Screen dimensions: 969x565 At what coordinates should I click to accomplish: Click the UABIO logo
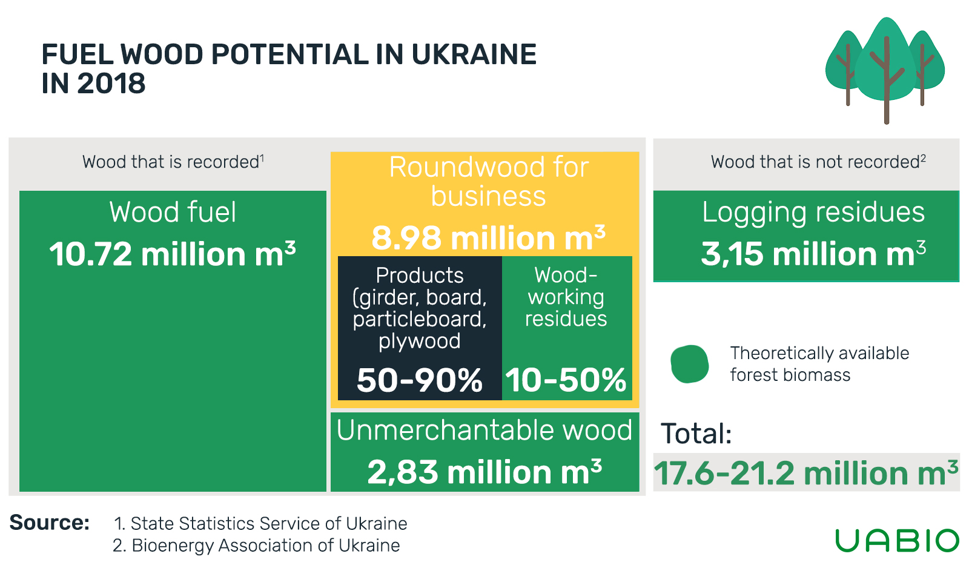click(x=897, y=540)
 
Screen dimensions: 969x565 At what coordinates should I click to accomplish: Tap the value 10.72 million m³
click(x=173, y=254)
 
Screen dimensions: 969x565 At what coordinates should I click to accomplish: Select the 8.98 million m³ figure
click(x=488, y=237)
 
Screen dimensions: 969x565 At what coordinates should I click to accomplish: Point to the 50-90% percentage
click(x=419, y=380)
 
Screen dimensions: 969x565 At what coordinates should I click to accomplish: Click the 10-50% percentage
click(x=566, y=380)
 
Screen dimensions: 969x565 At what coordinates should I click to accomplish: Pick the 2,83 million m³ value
click(x=484, y=472)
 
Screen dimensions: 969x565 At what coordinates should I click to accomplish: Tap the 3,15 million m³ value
click(x=813, y=254)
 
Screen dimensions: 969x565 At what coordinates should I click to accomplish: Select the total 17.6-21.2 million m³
click(x=806, y=473)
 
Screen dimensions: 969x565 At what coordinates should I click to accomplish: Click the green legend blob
click(x=690, y=364)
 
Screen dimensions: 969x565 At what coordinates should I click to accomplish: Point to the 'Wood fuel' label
click(x=173, y=212)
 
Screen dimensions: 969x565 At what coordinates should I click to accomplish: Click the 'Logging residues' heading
click(x=813, y=213)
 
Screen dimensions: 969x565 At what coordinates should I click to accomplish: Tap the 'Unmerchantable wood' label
click(x=484, y=431)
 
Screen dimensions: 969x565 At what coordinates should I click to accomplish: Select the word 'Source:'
click(x=49, y=522)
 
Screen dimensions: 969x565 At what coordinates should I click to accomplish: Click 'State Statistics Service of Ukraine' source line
click(x=260, y=523)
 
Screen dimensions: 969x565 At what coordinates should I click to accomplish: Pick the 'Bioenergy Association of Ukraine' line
click(x=256, y=546)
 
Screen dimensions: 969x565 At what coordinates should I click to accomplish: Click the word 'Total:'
click(x=696, y=434)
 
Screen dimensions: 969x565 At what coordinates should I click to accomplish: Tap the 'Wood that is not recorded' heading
click(x=818, y=162)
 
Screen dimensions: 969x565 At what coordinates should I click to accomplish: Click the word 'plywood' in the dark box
click(x=419, y=342)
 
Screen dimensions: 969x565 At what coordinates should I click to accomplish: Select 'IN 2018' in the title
click(x=93, y=84)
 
